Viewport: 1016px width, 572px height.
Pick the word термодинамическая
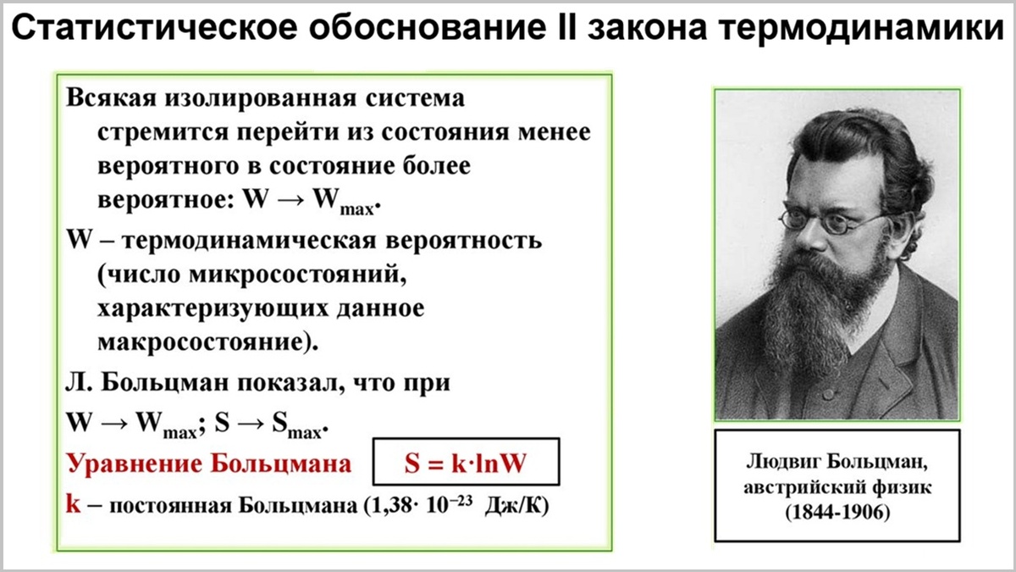[x=250, y=240]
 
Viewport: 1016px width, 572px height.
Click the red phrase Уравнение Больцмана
[x=208, y=464]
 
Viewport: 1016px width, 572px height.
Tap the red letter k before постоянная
[x=73, y=502]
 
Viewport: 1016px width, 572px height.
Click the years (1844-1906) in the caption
[x=837, y=513]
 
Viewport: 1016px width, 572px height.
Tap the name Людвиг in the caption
[x=781, y=464]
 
